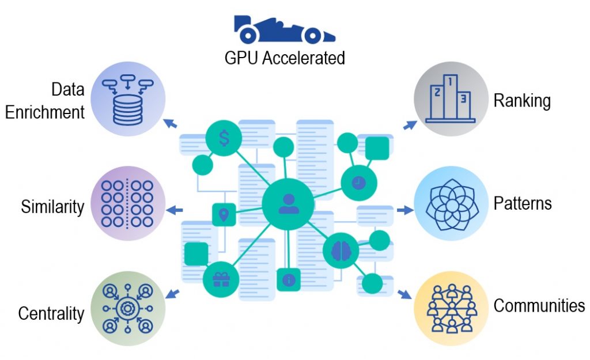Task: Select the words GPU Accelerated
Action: tap(285, 58)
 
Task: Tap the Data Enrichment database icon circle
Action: tap(128, 98)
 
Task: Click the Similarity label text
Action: tap(52, 207)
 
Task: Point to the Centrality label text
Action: tap(51, 314)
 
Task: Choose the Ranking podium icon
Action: tap(451, 98)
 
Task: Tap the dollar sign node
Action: tap(223, 138)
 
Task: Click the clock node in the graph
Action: tap(358, 182)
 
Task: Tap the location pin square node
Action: tap(224, 215)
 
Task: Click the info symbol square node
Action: tap(289, 280)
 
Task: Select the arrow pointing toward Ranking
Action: tap(410, 124)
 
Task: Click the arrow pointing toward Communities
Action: tap(406, 294)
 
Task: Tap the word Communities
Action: tap(539, 305)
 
